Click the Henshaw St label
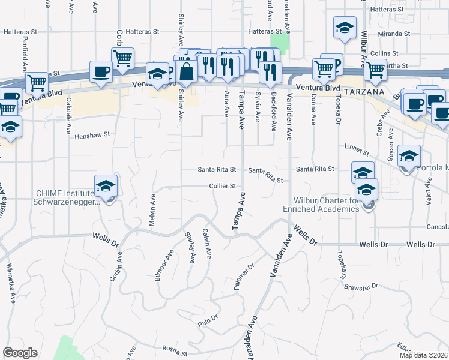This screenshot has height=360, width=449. (x=92, y=136)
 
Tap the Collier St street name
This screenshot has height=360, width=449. (x=221, y=186)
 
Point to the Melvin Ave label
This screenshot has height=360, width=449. (x=152, y=206)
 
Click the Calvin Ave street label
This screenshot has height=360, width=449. (x=207, y=244)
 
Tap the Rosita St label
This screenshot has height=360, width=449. (x=175, y=348)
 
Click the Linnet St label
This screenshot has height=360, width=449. (x=355, y=147)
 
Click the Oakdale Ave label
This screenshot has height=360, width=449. (x=69, y=109)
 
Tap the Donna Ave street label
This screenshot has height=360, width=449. (x=313, y=112)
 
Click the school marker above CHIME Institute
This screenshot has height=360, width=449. (x=106, y=186)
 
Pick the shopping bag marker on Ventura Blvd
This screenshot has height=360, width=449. (x=187, y=71)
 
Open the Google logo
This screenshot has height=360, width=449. (x=20, y=353)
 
